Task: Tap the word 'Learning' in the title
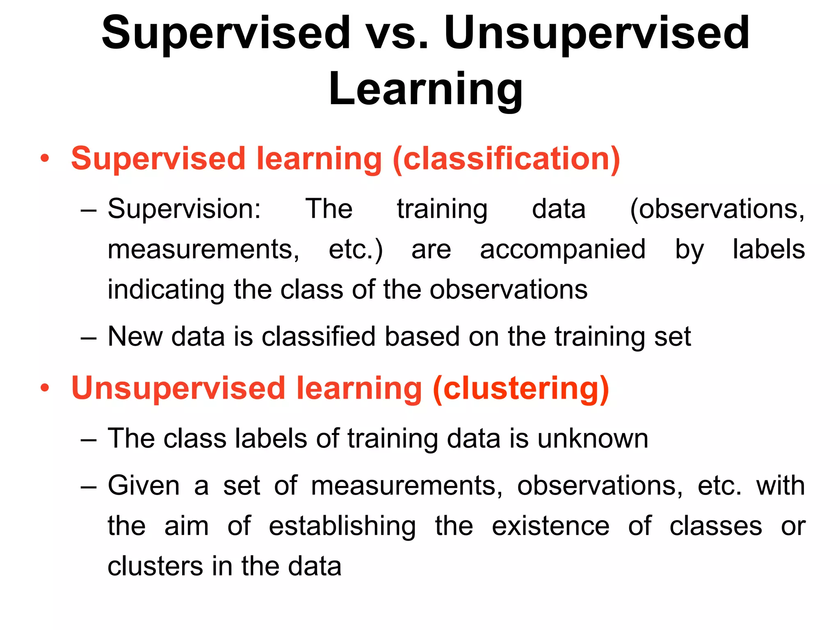(x=425, y=89)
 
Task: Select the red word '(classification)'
(x=506, y=159)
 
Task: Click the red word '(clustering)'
(x=521, y=388)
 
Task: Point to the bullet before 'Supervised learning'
(x=45, y=158)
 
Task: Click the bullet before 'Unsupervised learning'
(x=45, y=388)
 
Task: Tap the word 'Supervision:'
(x=184, y=209)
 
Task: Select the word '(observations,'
(x=717, y=209)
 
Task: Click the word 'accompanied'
(x=563, y=249)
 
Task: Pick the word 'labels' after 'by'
(x=769, y=249)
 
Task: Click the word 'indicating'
(x=166, y=290)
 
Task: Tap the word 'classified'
(x=318, y=337)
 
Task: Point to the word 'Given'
(x=144, y=486)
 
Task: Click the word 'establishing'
(x=342, y=526)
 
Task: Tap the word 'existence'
(x=550, y=526)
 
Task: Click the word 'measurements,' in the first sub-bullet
(x=203, y=249)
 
